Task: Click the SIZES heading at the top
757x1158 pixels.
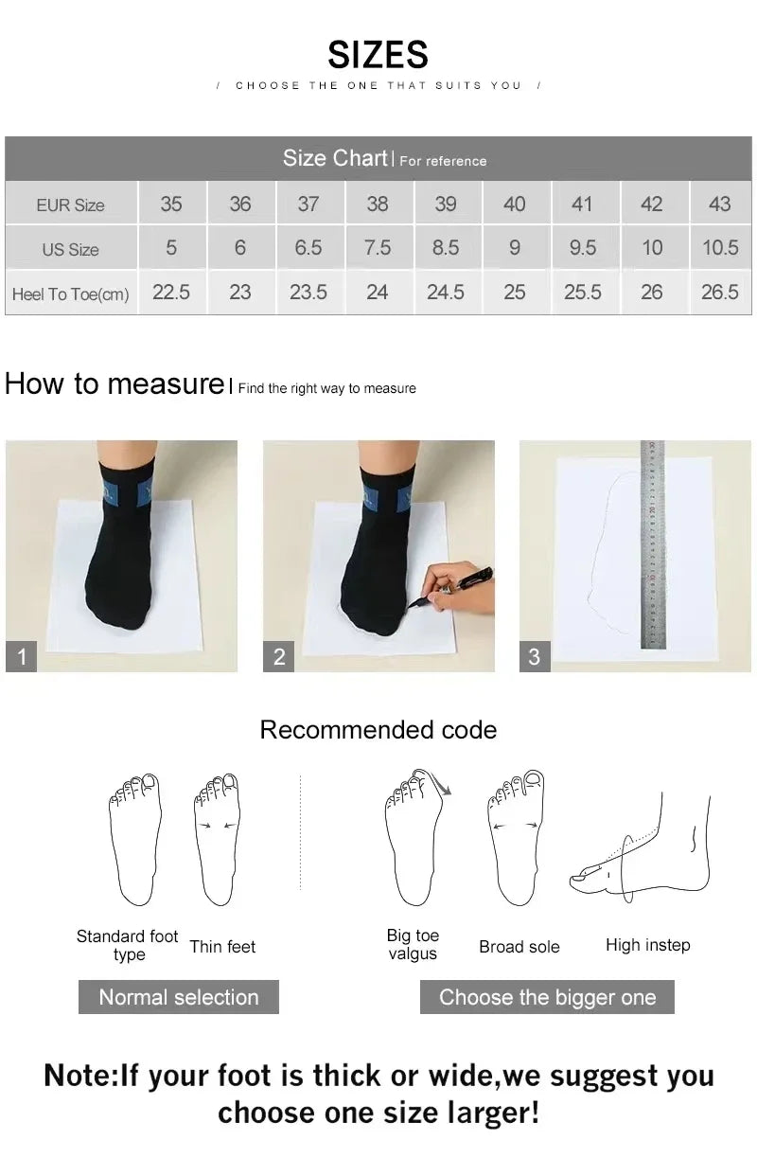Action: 378,55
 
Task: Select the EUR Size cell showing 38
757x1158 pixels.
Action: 377,204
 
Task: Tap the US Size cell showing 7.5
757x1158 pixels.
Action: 377,248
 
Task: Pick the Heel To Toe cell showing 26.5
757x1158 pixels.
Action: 719,293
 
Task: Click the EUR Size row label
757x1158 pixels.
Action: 71,205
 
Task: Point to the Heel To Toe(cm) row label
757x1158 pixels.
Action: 71,294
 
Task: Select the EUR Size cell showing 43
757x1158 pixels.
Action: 719,204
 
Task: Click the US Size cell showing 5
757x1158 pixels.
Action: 171,248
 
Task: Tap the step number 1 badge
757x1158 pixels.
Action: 22,656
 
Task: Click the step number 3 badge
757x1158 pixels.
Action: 535,656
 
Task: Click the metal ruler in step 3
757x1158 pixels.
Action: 652,544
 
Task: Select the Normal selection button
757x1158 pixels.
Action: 178,997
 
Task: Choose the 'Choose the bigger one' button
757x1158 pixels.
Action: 547,997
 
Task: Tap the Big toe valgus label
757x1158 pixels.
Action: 413,945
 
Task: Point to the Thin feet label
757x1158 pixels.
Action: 222,946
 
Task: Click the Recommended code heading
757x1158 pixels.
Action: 378,730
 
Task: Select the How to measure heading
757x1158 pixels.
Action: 114,383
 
